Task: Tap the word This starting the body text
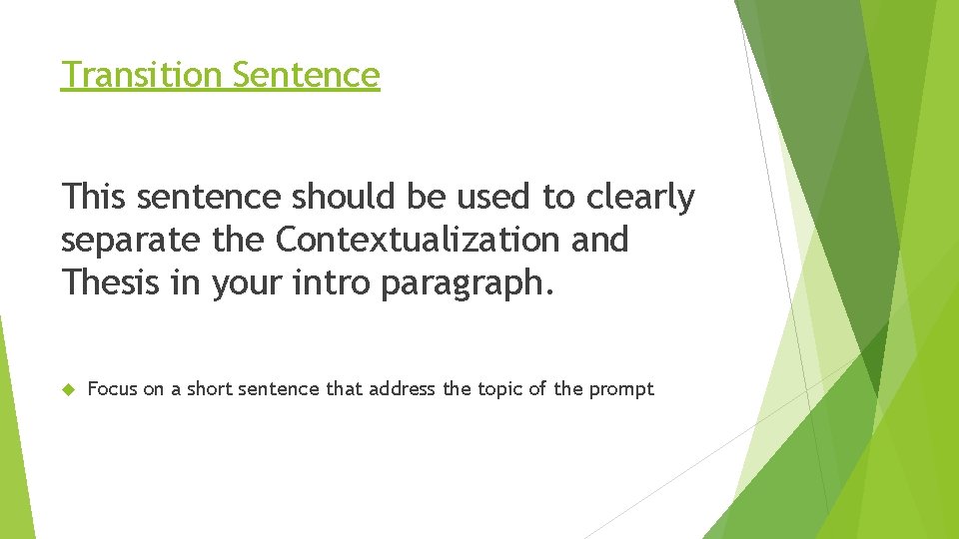[x=94, y=198]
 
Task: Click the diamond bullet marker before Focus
[x=68, y=389]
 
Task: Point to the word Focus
[x=113, y=389]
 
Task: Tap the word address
[x=402, y=389]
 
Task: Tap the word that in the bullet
[x=345, y=389]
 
